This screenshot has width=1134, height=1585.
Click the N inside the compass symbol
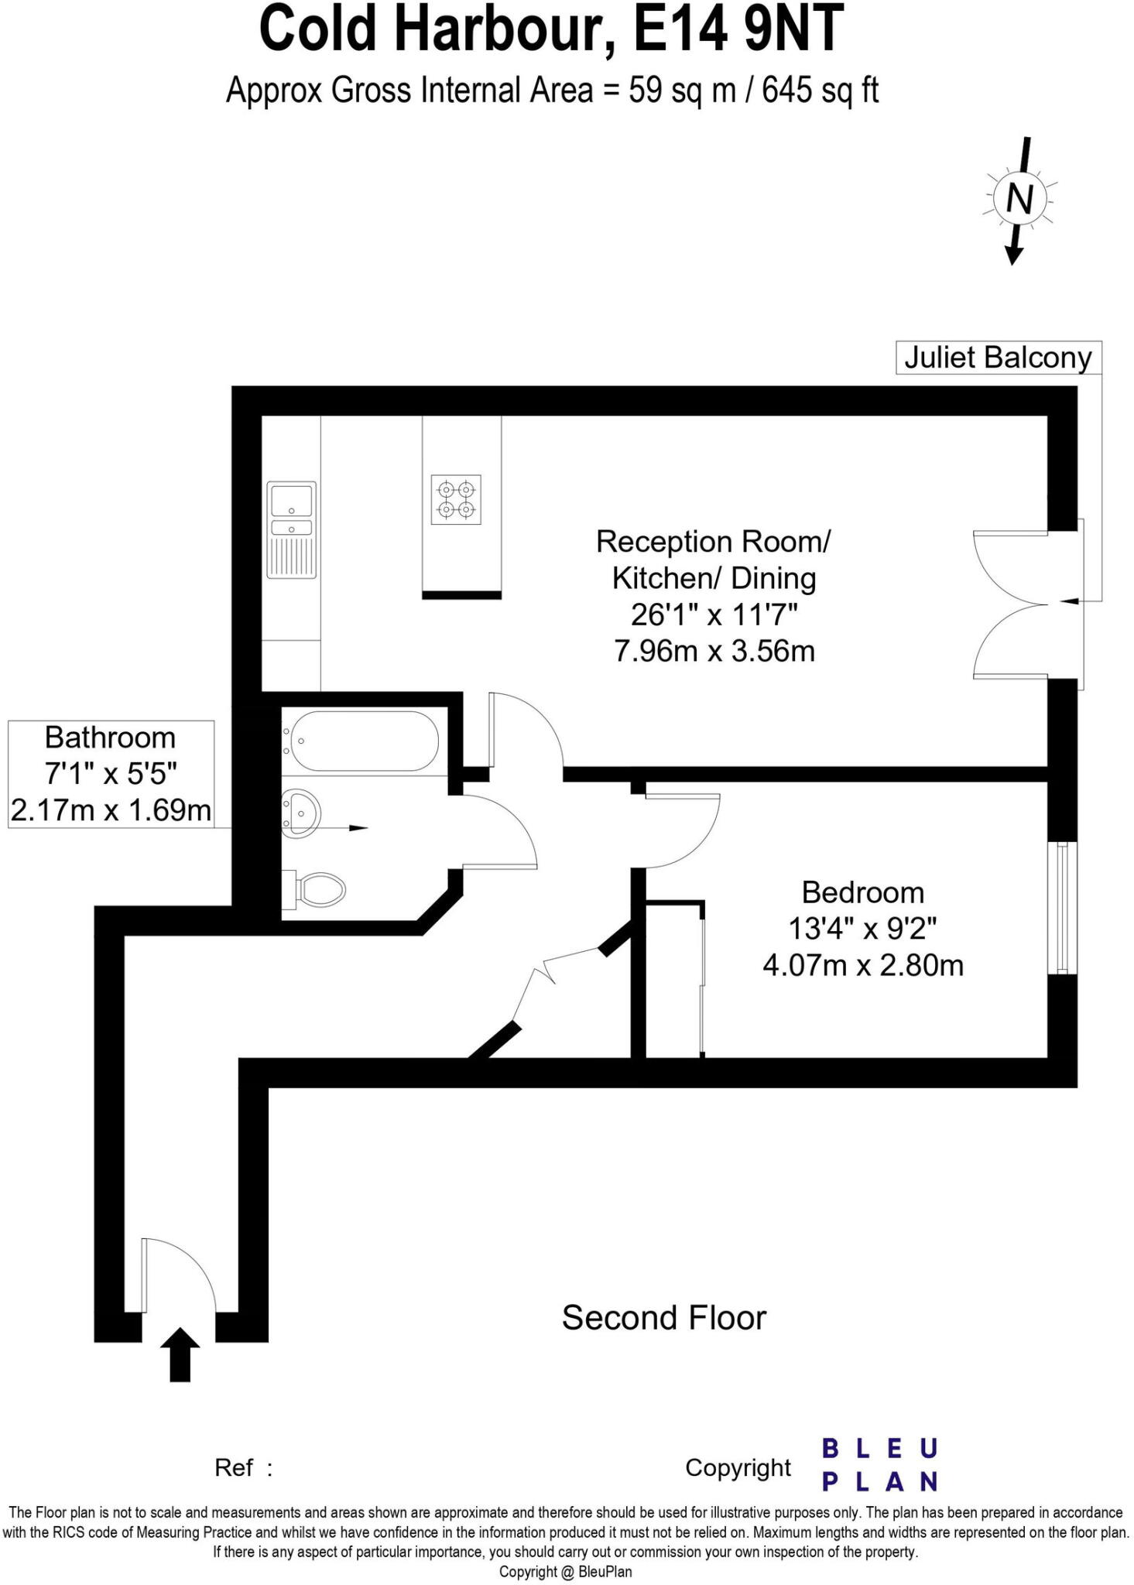(x=1019, y=200)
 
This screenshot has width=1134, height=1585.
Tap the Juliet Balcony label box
(x=997, y=358)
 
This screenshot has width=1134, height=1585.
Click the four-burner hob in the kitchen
(x=455, y=499)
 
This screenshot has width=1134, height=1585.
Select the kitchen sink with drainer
(x=291, y=529)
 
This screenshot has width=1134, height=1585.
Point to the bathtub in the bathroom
(x=361, y=741)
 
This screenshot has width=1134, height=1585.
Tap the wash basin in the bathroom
(x=301, y=813)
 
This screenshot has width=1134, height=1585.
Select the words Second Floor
(x=663, y=1318)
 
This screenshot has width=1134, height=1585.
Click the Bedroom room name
(x=862, y=892)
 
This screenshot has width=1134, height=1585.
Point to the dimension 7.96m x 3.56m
(x=714, y=651)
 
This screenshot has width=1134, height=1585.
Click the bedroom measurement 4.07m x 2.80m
(x=862, y=965)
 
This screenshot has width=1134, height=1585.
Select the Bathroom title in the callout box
(x=110, y=738)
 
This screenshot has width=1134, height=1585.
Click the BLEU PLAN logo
(x=879, y=1464)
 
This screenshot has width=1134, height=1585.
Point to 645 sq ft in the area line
(x=820, y=91)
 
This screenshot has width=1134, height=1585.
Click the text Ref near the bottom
(x=234, y=1467)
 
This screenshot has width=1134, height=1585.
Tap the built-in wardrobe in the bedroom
(x=673, y=980)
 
